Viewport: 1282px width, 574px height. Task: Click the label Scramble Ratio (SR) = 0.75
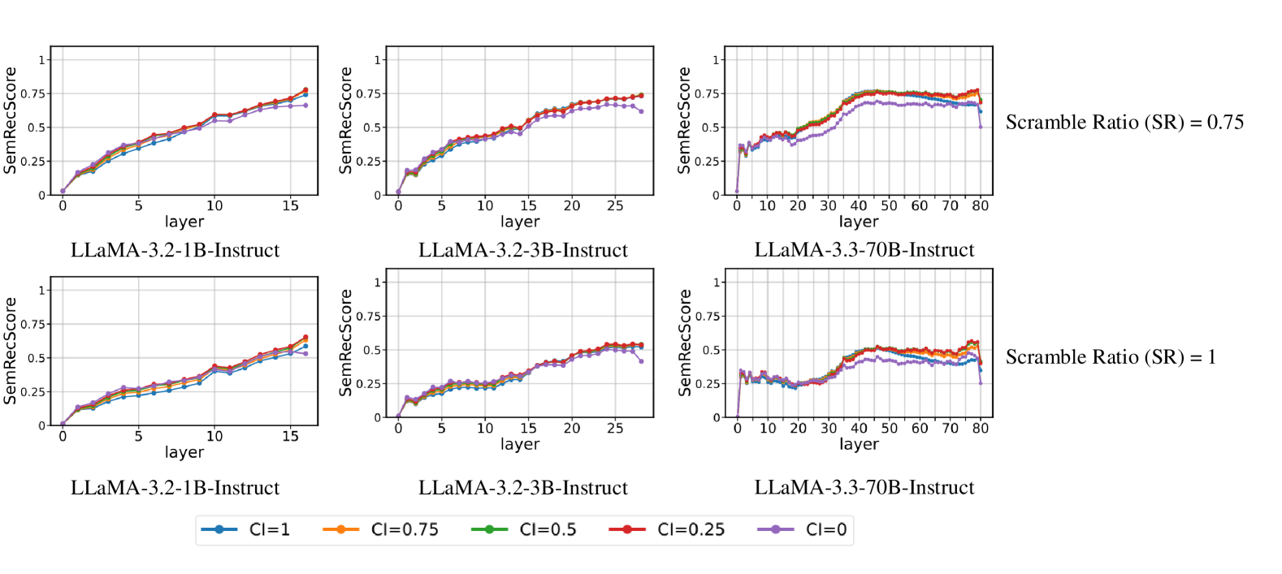point(1124,123)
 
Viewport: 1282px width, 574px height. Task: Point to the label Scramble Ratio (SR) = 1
point(1111,357)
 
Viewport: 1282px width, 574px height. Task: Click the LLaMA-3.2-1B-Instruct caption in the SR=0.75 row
point(175,250)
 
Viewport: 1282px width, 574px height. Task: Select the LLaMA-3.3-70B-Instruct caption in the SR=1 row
point(864,487)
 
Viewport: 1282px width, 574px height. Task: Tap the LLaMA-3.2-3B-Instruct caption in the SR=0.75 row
point(523,250)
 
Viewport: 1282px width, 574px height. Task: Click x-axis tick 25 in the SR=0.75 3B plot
point(615,206)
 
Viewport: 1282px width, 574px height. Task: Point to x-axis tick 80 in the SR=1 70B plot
point(981,429)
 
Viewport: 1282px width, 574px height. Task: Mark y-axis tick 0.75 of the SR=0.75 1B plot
point(33,94)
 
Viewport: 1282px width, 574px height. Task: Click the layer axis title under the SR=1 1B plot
point(184,452)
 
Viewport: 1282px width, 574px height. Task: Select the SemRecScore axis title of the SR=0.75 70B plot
point(684,120)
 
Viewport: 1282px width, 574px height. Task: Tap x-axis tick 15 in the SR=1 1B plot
point(290,437)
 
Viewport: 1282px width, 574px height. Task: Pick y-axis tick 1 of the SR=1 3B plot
point(377,283)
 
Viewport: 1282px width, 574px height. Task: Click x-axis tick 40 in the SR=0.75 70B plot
point(859,206)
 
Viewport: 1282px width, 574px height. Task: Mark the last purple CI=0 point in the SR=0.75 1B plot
point(305,106)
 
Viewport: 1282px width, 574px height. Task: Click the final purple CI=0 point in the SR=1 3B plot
point(641,361)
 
